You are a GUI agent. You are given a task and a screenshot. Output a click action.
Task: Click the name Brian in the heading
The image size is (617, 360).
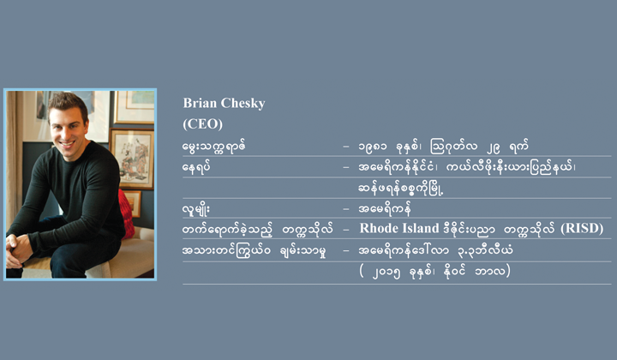[200, 103]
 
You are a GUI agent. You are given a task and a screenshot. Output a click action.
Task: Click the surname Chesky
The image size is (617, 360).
[243, 103]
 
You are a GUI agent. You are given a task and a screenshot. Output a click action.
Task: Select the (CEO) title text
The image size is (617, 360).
[202, 124]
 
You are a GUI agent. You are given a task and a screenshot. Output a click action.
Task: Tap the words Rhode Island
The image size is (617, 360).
[399, 228]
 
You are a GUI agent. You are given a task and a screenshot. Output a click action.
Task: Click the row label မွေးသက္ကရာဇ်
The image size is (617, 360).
[214, 147]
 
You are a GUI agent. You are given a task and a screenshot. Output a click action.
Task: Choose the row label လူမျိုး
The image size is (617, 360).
[196, 209]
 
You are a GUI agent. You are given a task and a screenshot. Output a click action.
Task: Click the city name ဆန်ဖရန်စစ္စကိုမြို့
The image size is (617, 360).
[401, 189]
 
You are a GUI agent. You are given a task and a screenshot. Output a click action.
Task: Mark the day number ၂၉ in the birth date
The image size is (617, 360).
[493, 147]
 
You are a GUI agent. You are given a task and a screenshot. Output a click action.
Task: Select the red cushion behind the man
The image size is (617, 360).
[127, 214]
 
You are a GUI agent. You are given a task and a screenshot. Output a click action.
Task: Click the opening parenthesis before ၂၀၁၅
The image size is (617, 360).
[362, 272]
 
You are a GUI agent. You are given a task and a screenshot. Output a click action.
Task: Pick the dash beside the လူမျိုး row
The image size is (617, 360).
[346, 209]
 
